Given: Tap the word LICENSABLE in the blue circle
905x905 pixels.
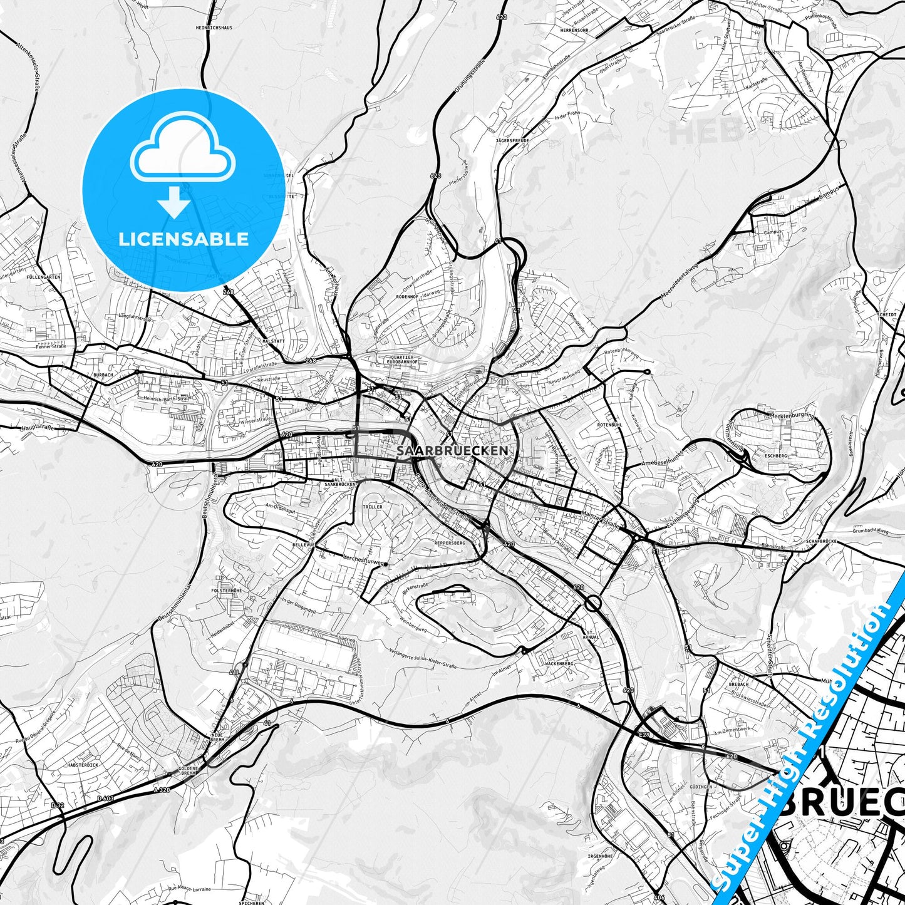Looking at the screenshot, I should pos(184,239).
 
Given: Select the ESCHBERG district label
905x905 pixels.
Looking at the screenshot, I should pos(776,456).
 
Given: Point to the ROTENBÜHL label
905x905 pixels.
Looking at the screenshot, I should pos(609,425).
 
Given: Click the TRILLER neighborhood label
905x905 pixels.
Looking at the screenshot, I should pos(372,507).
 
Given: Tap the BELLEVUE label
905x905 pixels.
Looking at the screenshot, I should pos(303,545).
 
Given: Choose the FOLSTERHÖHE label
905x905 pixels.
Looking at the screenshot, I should pos(226,591).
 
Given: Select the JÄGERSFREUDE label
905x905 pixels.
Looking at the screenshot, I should pos(512,141).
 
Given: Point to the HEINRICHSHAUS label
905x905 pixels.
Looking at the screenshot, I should pos(214,28).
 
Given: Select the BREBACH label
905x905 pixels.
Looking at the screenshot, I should pos(738,685).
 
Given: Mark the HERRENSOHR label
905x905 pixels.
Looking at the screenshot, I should pos(575,30).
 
